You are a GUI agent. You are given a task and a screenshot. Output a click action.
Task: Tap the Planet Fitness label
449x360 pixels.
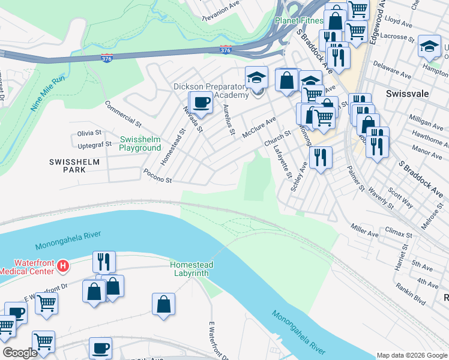coord(299,20)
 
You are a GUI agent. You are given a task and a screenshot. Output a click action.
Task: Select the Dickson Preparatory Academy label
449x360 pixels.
coord(211,91)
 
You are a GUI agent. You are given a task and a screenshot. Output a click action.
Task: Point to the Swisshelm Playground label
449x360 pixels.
coord(140,143)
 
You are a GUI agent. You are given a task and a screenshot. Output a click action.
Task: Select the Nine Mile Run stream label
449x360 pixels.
coord(47,95)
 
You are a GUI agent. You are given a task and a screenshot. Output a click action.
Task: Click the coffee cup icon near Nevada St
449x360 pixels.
coord(201,102)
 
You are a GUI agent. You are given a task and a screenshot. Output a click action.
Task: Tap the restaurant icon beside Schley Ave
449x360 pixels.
coord(321,157)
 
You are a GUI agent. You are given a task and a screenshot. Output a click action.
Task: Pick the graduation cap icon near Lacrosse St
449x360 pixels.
coord(429,47)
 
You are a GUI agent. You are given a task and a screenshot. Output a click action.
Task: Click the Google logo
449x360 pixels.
coord(20,353)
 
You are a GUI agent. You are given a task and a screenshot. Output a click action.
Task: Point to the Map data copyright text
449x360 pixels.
coord(411,355)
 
